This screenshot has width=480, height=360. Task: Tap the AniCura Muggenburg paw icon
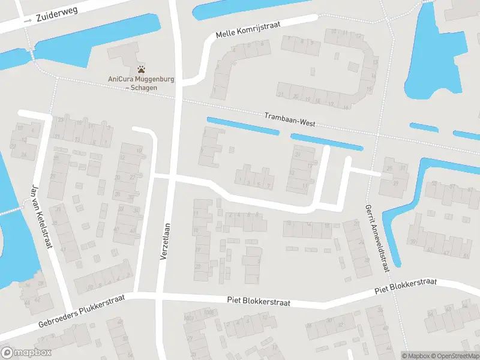coord(141,69)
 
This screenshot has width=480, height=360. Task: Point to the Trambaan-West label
coord(290,118)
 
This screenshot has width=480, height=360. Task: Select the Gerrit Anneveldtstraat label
coord(376,235)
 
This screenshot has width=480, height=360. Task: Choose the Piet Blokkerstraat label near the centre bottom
coord(259,302)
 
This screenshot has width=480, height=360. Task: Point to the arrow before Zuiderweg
coord(28,21)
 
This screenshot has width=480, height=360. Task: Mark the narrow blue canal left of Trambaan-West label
coord(243,126)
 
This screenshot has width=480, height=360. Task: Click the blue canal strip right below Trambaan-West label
coord(327,142)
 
